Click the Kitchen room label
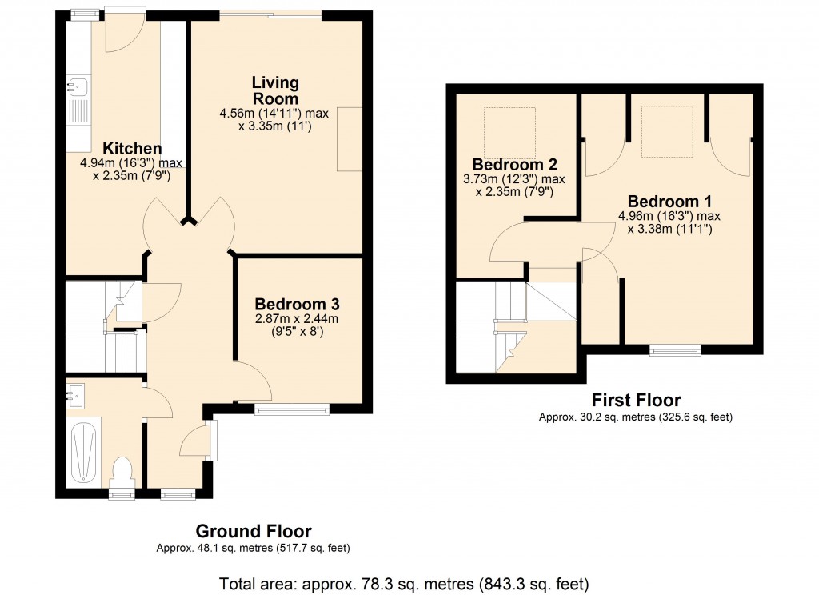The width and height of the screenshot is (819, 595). coord(132,149)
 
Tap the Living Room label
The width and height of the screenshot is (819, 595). coord(275,90)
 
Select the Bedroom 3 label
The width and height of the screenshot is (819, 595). coord(297,304)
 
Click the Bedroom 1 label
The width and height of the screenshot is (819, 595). coord(669,201)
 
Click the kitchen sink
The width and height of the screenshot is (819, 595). coord(78,85)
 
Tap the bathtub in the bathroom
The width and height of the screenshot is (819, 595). coord(83,453)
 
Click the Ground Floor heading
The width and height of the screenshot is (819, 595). coord(254,531)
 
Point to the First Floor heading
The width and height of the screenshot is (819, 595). coord(636,400)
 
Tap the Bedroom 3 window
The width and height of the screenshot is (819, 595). coord(292,409)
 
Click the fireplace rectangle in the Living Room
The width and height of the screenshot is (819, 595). coord(350,138)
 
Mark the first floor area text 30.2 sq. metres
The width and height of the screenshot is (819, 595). coord(636,417)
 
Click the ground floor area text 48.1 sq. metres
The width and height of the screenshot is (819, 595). coord(254,549)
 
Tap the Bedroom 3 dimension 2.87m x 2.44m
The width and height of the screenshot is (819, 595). coord(297,319)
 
